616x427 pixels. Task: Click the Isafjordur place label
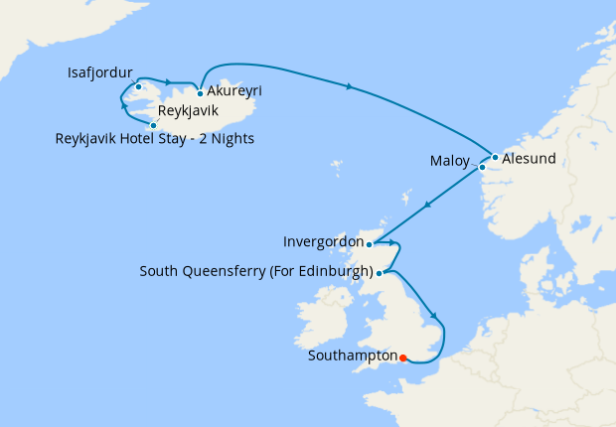100,72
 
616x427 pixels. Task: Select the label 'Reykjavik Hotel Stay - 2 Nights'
155,139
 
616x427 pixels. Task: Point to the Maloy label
451,160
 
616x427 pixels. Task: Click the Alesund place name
529,158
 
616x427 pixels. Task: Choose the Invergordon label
322,241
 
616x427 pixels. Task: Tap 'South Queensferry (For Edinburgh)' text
256,271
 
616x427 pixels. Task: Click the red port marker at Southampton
403,356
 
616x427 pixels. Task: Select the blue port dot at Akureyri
201,93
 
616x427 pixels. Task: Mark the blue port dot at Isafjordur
138,86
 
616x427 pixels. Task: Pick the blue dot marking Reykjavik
152,125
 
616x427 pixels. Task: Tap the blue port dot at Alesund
495,157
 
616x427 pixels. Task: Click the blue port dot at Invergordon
369,243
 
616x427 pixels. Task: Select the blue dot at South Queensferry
380,272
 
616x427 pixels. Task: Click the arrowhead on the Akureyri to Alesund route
349,88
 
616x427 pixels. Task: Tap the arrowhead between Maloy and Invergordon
427,206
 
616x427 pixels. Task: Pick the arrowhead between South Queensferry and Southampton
434,317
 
